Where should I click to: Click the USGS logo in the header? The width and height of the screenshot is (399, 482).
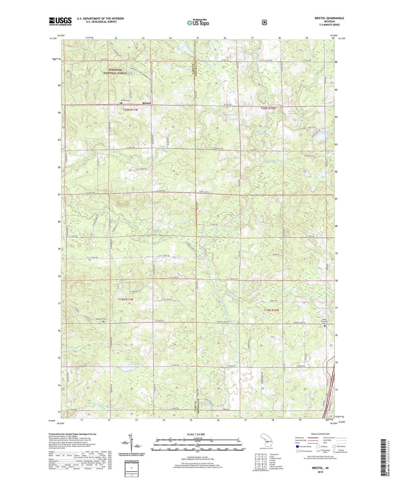click(60, 21)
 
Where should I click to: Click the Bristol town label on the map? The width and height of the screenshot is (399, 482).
click(147, 103)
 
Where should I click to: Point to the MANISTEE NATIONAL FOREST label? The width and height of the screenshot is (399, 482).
click(115, 71)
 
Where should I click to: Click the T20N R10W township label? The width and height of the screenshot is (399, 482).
click(268, 108)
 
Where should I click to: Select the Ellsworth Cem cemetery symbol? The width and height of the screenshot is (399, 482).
click(104, 322)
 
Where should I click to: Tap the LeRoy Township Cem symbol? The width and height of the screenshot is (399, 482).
click(325, 326)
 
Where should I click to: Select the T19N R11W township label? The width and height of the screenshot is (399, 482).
click(126, 299)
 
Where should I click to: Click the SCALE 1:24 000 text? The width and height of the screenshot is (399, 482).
click(196, 434)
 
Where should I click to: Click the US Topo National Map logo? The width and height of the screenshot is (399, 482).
click(198, 22)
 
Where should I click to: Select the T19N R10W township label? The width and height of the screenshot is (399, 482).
click(271, 310)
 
